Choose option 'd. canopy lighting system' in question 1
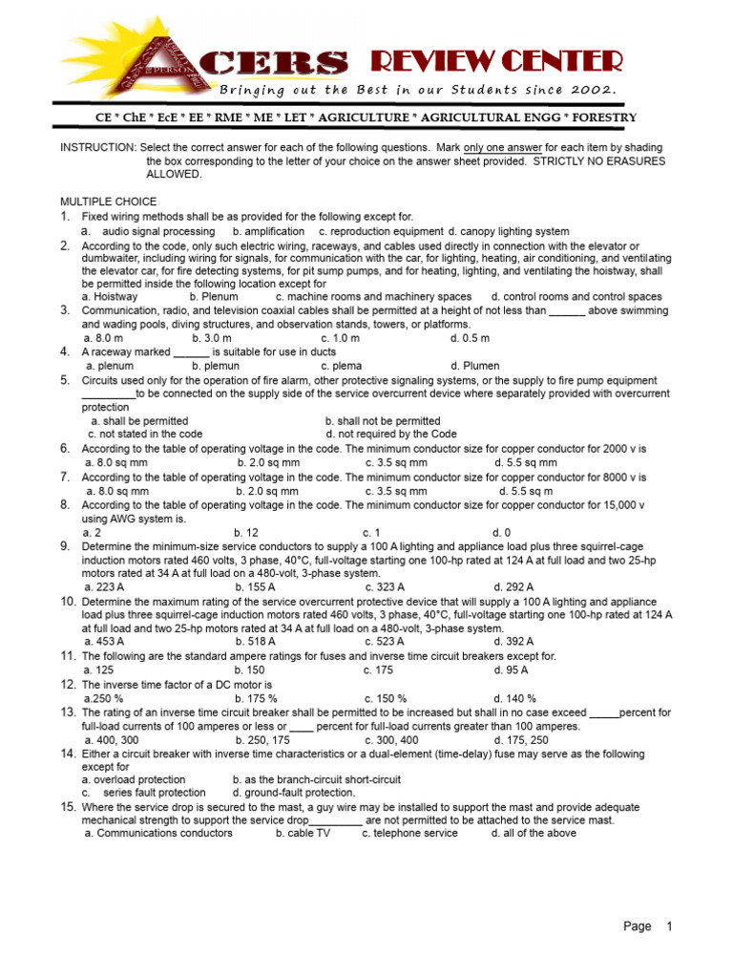509,231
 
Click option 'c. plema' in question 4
340,365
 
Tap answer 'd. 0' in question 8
501,532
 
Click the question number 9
66,546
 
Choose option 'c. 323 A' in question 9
385,586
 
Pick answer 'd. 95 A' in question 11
510,670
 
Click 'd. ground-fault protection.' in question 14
293,792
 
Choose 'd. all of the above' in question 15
534,833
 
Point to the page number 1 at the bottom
670,926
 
